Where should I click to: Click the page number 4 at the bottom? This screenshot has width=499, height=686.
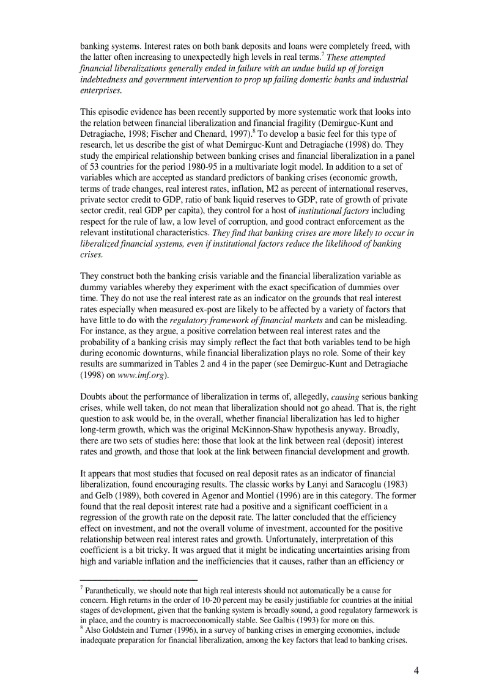coord(416,671)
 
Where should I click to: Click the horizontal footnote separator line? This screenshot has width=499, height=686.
coord(139,580)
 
